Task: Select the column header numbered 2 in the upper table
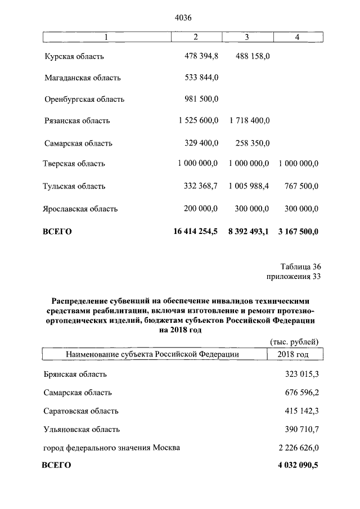[196, 37]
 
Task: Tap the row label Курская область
[74, 56]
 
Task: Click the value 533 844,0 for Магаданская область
[201, 78]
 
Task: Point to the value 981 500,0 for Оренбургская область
[201, 99]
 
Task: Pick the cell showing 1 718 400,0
[249, 120]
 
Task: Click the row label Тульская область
[74, 186]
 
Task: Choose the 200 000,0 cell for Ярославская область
[201, 208]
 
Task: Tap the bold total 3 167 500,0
[298, 231]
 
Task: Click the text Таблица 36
[300, 267]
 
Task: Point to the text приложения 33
[292, 276]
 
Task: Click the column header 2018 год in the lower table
[293, 354]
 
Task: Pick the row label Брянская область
[75, 373]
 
